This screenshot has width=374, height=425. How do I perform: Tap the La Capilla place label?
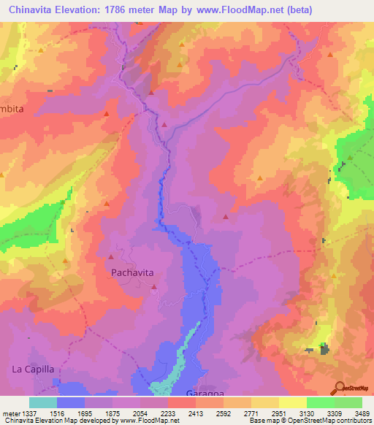(33, 370)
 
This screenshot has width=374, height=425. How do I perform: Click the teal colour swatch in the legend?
(42, 402)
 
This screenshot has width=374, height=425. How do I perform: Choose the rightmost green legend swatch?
(348, 402)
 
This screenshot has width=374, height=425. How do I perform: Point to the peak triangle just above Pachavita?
(111, 256)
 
